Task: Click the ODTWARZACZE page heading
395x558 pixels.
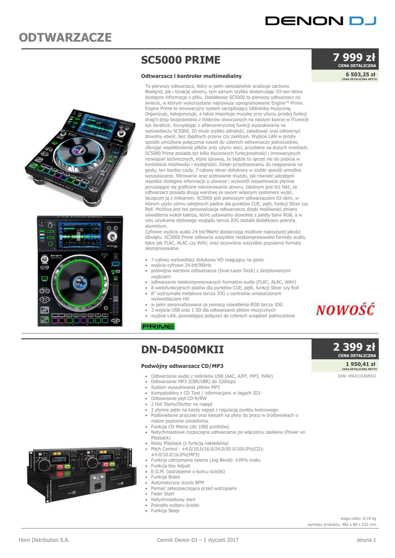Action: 65,38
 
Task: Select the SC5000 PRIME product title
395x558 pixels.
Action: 181,59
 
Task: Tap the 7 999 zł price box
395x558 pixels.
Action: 345,59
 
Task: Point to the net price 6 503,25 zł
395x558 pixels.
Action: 357,75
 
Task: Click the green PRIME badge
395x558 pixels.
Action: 158,326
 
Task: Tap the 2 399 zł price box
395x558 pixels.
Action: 345,348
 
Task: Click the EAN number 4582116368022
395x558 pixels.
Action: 357,376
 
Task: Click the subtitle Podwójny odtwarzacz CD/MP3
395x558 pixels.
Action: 182,365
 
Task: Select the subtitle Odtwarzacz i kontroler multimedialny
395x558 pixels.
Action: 191,76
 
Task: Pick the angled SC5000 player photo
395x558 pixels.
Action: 81,151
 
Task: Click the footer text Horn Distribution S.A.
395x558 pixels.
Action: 45,540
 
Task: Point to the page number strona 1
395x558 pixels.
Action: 362,540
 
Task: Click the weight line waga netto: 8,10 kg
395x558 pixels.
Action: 358,518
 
